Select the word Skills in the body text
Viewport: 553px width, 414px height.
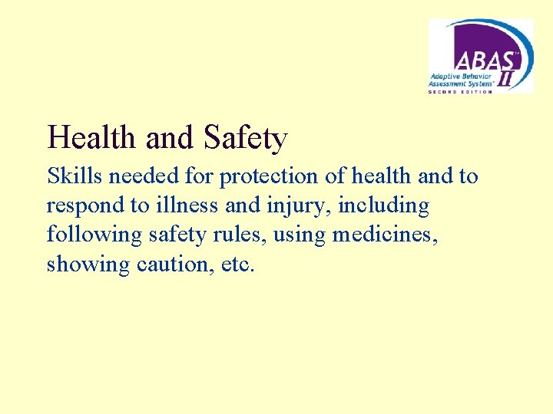75,176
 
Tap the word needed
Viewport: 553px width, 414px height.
144,176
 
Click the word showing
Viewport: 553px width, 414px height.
81,265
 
